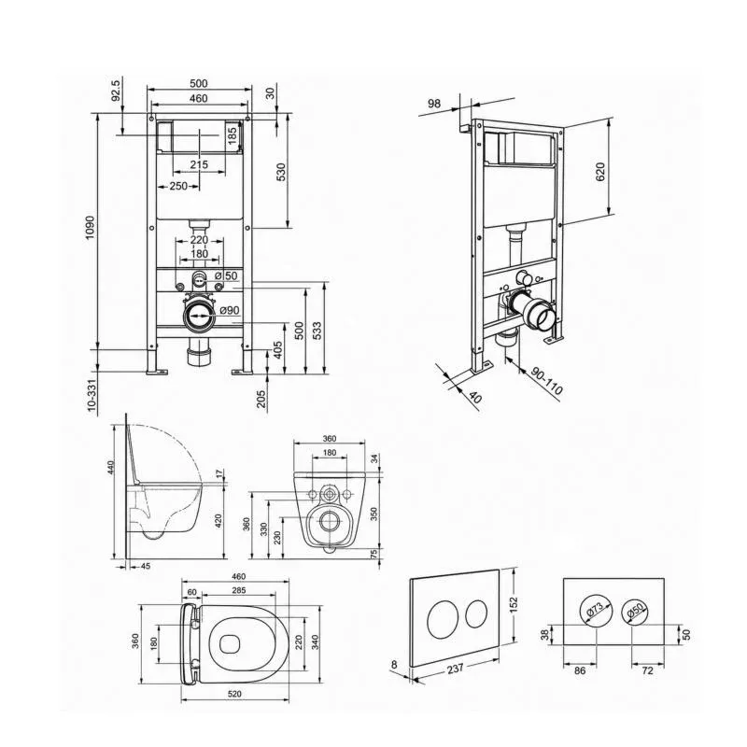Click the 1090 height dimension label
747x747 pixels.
[91, 228]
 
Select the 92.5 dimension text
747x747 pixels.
[116, 90]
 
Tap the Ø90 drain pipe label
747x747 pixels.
[230, 311]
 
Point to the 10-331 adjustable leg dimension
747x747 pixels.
[92, 394]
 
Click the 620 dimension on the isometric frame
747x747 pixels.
[600, 172]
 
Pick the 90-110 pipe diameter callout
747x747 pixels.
[547, 381]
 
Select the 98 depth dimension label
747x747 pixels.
[434, 104]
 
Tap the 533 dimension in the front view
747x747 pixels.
[317, 331]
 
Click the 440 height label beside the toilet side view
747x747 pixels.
[111, 468]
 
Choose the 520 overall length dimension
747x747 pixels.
[234, 694]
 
